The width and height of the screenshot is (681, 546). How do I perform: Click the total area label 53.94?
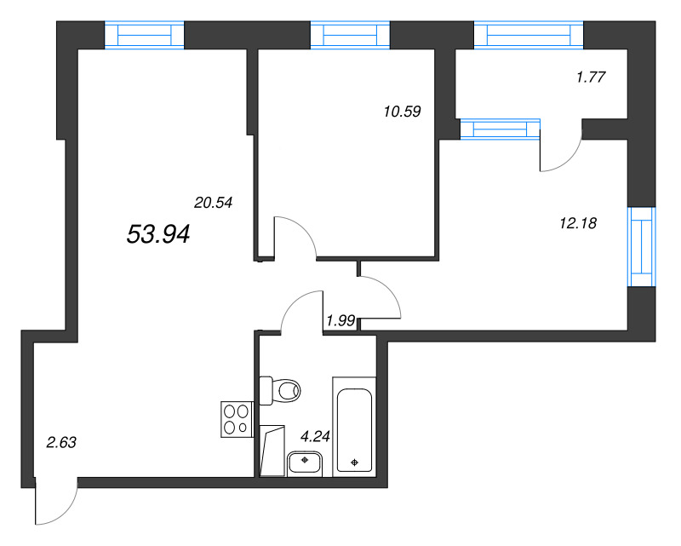point(158,234)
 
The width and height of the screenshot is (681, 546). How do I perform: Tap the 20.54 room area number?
point(214,203)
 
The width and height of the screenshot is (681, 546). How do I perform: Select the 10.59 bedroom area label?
point(402,112)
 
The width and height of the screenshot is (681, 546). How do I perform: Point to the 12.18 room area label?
point(578,223)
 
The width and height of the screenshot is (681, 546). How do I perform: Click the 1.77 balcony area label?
point(591,77)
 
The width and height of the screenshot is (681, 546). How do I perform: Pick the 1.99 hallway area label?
point(341,321)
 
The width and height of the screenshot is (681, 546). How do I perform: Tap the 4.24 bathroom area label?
point(315,436)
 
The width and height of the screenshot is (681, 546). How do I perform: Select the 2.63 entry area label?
point(61,443)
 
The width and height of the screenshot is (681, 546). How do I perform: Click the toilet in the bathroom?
point(280,390)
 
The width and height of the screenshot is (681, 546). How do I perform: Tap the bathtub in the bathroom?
point(354,427)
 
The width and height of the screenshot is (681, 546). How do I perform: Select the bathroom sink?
point(305,463)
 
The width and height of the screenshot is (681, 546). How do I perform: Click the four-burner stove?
point(237,419)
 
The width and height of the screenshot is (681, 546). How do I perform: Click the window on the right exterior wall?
point(642,246)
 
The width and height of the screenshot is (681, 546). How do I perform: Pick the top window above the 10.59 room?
point(350,35)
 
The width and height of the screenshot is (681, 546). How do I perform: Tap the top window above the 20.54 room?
point(144,35)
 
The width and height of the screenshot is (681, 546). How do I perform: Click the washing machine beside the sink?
point(272,451)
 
